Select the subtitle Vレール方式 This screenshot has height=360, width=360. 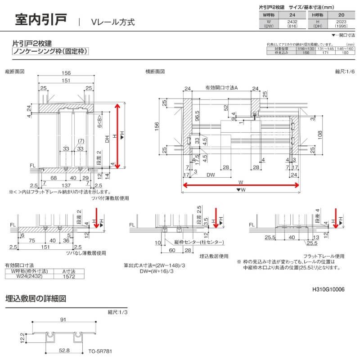(x=112, y=22)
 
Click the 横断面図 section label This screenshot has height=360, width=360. (x=155, y=72)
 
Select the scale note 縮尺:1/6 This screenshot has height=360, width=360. (x=345, y=72)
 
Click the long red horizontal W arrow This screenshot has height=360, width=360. (x=241, y=185)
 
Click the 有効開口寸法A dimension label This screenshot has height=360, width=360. (x=221, y=88)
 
